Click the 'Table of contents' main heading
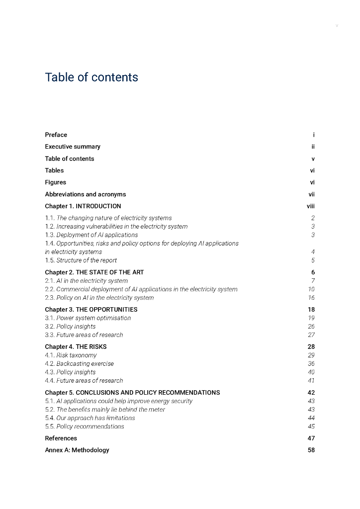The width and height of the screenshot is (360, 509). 91,78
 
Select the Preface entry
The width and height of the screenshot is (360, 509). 56,135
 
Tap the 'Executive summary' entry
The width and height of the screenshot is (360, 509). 73,147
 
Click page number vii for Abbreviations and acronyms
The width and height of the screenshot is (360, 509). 311,194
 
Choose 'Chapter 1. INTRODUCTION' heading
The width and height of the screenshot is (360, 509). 83,206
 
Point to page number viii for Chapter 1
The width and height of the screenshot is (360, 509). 311,206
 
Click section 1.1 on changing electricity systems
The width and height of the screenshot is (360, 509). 108,218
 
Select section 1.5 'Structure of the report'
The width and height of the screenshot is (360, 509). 81,260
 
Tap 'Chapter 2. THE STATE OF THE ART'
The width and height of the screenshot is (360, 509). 94,272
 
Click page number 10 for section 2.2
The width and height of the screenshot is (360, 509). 311,289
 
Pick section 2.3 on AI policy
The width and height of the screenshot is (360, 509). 99,298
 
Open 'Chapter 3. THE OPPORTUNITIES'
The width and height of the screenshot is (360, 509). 91,310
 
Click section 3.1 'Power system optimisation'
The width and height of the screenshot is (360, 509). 88,318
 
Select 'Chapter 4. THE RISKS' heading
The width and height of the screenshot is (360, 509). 76,347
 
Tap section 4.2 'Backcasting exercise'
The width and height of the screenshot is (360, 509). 80,364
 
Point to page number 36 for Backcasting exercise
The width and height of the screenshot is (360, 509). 311,364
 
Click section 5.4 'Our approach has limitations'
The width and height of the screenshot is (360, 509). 90,418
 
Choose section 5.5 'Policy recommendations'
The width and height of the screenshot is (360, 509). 85,426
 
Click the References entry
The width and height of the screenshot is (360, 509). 61,438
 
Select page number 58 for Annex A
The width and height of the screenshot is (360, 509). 311,450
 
